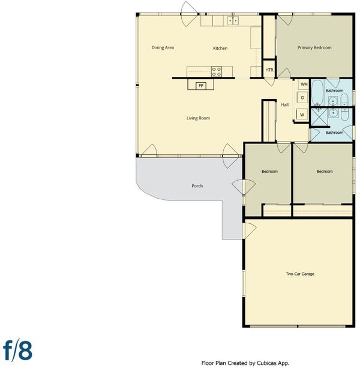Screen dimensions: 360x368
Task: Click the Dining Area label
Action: (x=163, y=47)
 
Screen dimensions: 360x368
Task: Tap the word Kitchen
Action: (x=220, y=48)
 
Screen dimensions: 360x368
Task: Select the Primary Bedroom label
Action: (x=314, y=47)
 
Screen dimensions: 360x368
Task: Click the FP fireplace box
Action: (x=201, y=86)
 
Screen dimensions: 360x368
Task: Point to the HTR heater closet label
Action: (x=269, y=70)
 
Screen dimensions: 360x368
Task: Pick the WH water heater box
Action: (x=304, y=84)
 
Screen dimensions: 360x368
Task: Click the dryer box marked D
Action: (x=302, y=98)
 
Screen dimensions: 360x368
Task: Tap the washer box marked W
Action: (x=302, y=115)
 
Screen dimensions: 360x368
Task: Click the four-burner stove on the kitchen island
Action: (x=217, y=71)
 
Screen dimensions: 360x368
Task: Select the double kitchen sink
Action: (x=233, y=20)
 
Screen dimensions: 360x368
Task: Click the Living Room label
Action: (x=198, y=118)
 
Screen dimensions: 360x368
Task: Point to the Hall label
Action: (x=285, y=105)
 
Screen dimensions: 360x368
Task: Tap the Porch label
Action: (x=197, y=186)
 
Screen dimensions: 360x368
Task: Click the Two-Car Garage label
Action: (x=300, y=274)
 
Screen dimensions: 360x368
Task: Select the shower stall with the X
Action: (x=319, y=116)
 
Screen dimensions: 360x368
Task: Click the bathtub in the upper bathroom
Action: (x=317, y=92)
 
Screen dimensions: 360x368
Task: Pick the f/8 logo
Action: (x=17, y=351)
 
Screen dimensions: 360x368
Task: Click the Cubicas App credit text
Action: (x=245, y=363)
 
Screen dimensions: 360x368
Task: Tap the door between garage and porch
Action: (x=250, y=231)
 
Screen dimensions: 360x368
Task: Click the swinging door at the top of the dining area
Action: (x=190, y=14)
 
